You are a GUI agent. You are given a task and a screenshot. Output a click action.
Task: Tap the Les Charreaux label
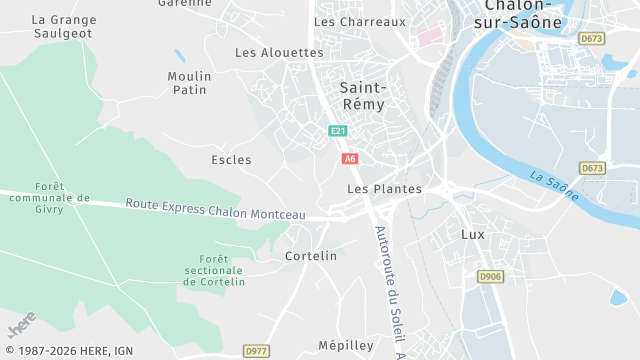360,21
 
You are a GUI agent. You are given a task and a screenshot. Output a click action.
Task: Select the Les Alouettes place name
279,52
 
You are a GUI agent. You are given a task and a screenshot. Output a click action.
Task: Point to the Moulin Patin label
188,83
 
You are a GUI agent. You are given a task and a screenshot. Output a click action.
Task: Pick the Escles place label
231,160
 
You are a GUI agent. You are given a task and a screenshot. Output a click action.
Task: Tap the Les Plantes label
384,188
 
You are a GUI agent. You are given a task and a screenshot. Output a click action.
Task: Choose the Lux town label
472,234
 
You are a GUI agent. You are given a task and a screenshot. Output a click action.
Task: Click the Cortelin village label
311,256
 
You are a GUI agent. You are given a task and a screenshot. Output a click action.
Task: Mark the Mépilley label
345,345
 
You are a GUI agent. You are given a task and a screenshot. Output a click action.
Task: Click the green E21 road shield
338,131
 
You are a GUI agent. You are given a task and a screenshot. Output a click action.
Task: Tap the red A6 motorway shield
350,159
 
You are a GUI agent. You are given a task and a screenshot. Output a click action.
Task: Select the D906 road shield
489,276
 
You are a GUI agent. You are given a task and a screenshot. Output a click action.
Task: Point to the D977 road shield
256,351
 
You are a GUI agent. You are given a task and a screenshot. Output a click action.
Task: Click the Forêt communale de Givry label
62,198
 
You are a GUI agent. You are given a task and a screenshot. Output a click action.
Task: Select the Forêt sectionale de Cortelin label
214,271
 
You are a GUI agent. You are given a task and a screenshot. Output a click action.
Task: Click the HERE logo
22,324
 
